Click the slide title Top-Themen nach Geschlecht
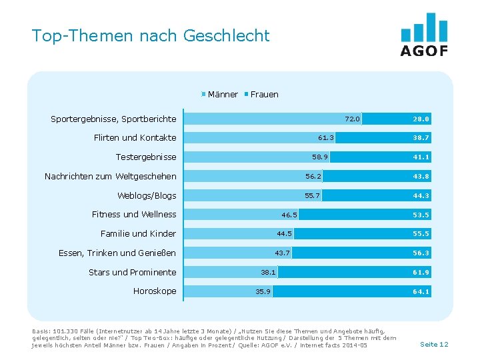[x=151, y=36]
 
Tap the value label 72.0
[x=352, y=119]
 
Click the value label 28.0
[x=421, y=119]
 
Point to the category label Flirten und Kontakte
[x=135, y=138]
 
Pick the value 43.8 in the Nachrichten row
[x=421, y=177]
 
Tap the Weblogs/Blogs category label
[x=147, y=196]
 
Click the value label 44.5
[x=284, y=234]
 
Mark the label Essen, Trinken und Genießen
[x=117, y=253]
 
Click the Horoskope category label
[x=155, y=291]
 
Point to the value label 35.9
[x=263, y=291]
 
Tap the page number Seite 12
[x=434, y=344]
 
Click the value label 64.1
[x=421, y=291]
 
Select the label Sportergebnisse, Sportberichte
[x=113, y=119]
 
